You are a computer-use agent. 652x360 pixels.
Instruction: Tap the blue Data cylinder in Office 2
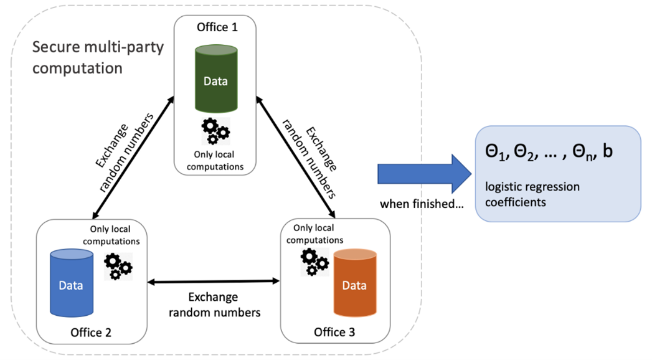[x=71, y=283]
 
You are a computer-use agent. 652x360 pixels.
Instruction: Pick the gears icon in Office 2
[x=118, y=266]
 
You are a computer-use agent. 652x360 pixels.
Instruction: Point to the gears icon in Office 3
[x=314, y=262]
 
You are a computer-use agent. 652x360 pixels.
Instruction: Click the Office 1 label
[x=217, y=27]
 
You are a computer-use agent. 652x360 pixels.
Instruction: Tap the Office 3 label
[x=335, y=331]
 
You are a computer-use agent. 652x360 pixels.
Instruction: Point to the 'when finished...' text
[x=422, y=204]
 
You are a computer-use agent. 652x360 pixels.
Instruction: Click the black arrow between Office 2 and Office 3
[x=214, y=282]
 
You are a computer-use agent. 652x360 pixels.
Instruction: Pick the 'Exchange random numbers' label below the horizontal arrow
[x=214, y=305]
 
